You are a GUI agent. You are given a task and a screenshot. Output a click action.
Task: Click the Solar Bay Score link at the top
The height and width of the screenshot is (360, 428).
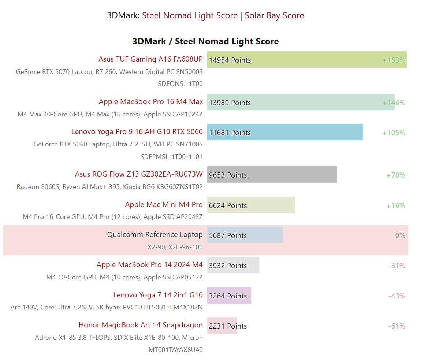(x=274, y=15)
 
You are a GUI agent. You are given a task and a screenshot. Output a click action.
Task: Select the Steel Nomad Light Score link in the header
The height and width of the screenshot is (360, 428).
(x=190, y=15)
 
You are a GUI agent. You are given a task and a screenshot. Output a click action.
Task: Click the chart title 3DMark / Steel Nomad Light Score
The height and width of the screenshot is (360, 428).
(x=205, y=41)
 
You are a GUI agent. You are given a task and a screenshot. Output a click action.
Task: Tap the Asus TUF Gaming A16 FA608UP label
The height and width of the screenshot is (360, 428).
(x=150, y=59)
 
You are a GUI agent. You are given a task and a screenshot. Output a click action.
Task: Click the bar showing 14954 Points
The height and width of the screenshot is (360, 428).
(x=307, y=60)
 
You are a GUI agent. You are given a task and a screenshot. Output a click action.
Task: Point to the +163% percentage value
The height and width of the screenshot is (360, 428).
(x=394, y=60)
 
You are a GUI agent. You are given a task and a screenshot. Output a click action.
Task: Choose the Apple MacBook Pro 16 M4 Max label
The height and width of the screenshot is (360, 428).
(x=150, y=101)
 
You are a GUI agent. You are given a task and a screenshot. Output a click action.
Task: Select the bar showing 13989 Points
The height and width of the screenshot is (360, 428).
(x=301, y=102)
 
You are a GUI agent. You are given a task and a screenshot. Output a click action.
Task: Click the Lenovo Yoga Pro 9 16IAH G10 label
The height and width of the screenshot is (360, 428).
(x=137, y=131)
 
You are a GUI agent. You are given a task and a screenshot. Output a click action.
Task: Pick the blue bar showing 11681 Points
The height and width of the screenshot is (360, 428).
(x=285, y=132)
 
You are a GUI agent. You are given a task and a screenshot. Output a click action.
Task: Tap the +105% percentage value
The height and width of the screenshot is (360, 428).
(x=394, y=133)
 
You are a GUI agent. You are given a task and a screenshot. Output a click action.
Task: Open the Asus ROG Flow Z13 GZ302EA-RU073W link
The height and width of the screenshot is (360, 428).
(x=138, y=174)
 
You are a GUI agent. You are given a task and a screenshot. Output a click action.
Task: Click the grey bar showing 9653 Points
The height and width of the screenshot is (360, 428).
(x=272, y=175)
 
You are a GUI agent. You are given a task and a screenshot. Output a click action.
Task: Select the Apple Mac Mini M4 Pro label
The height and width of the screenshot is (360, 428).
(x=164, y=204)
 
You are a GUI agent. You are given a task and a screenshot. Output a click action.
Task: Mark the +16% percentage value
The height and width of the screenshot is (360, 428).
(x=396, y=205)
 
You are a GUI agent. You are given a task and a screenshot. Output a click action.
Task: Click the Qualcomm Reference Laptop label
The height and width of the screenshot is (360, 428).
(x=155, y=234)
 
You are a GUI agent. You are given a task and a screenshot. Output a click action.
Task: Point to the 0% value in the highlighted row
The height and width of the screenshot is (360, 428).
(x=400, y=235)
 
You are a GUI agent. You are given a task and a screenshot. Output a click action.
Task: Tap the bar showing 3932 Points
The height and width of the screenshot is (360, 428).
(x=233, y=265)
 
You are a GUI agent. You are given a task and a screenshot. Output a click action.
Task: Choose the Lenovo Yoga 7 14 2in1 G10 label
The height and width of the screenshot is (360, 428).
(x=158, y=295)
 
